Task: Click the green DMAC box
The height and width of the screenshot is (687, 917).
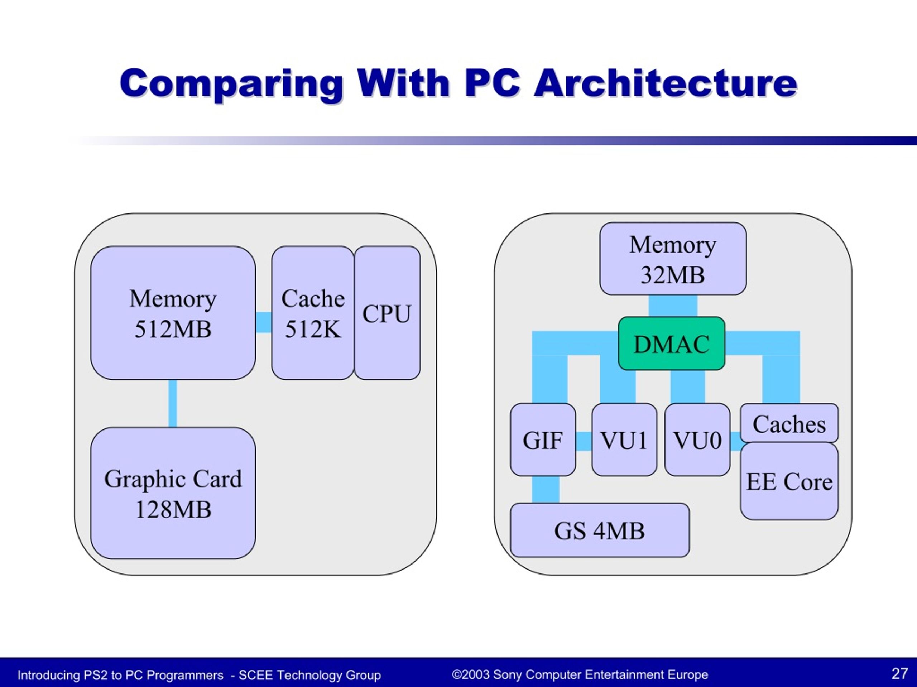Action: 672,344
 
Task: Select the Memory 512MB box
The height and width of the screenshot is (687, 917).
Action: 173,313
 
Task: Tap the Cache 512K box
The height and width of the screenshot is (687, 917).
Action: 313,313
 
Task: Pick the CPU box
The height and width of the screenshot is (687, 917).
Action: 387,313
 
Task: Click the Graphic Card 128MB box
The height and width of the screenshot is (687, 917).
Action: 173,493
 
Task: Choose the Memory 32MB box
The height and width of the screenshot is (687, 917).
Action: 673,259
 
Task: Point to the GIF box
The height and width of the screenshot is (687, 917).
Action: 543,440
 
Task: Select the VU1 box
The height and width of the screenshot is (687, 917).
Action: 624,440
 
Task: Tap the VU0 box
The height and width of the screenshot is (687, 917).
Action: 697,440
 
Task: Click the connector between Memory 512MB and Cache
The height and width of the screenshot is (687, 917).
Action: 264,322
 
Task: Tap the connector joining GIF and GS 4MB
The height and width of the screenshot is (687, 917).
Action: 546,490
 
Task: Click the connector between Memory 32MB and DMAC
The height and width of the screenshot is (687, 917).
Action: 673,306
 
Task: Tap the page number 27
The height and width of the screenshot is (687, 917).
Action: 899,674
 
